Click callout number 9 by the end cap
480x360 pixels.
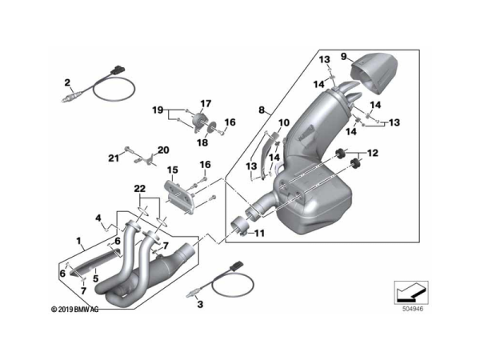click(x=343, y=57)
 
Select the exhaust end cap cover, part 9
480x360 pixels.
click(x=374, y=74)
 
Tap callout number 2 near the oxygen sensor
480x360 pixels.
click(x=67, y=82)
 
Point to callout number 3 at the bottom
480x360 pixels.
click(x=200, y=305)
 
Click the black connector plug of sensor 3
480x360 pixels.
click(x=236, y=266)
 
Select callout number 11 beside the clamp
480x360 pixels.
click(x=259, y=234)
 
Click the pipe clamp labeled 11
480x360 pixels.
click(x=240, y=227)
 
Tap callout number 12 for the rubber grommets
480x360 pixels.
click(x=373, y=153)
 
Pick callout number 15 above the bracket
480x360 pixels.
click(x=172, y=170)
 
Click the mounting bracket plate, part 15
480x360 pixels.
click(x=180, y=198)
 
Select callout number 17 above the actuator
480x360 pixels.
click(x=206, y=104)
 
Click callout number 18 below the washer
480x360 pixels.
click(x=202, y=142)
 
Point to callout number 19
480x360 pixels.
click(x=158, y=110)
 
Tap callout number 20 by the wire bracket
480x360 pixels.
click(x=163, y=150)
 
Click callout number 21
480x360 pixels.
click(x=114, y=158)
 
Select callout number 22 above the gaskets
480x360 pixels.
click(x=139, y=189)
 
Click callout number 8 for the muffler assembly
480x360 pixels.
click(x=262, y=110)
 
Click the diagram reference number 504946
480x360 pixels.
click(x=413, y=309)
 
